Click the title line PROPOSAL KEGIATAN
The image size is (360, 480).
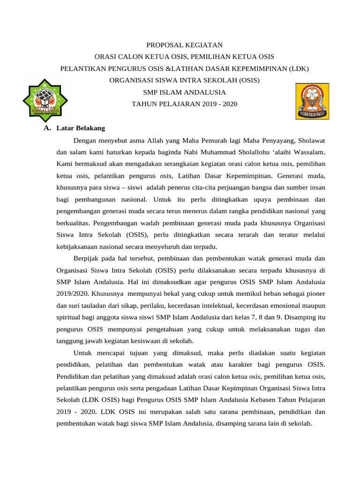click(184, 45)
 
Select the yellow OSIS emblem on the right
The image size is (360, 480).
click(312, 101)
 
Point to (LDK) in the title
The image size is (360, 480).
click(299, 68)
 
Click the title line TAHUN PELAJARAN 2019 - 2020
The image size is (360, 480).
click(184, 104)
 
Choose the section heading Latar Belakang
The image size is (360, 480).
click(81, 128)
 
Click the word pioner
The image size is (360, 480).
click(314, 294)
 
